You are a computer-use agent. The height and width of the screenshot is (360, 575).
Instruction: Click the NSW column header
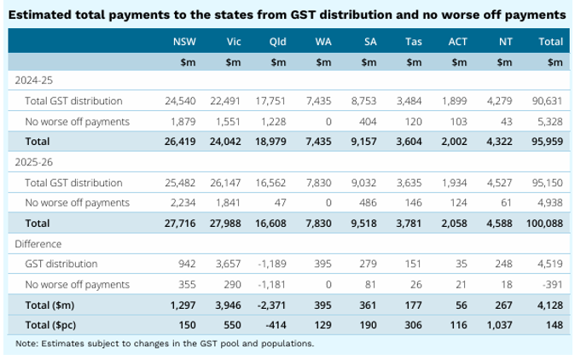click(x=183, y=40)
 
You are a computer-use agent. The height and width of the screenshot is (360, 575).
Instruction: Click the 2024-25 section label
click(x=34, y=80)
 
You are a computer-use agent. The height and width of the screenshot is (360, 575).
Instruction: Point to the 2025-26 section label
click(x=34, y=161)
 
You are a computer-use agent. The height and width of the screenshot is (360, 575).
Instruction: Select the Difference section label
click(x=38, y=243)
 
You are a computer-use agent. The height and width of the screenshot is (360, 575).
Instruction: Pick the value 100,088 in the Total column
click(x=546, y=223)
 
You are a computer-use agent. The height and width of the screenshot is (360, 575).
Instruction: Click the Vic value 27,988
click(x=226, y=223)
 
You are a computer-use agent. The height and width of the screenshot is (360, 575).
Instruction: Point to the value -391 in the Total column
click(x=551, y=284)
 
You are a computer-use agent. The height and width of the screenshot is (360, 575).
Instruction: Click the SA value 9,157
click(x=365, y=142)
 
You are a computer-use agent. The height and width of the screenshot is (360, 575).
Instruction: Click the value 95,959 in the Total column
click(x=548, y=142)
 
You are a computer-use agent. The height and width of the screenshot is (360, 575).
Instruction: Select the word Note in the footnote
click(x=26, y=344)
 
